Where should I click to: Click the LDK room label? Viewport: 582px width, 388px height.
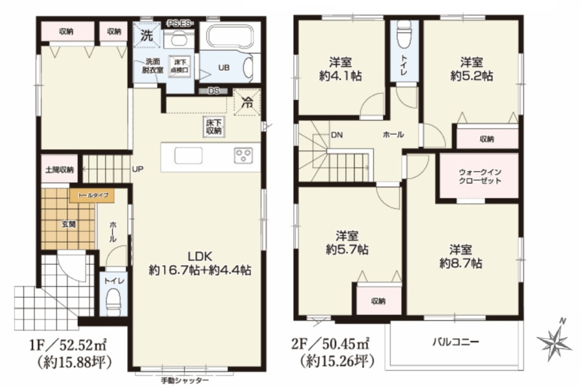(x=200, y=257)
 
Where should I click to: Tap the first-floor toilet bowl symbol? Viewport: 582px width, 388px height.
(x=114, y=299)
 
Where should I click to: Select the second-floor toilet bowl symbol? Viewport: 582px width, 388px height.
(x=405, y=34)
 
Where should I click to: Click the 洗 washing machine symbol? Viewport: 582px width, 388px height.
(x=147, y=36)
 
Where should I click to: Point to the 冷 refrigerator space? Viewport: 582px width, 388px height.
(x=247, y=102)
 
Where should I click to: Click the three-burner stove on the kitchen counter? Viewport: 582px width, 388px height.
(x=243, y=156)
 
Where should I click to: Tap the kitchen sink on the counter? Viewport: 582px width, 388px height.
(x=188, y=156)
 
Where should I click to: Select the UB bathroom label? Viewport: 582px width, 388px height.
(x=224, y=68)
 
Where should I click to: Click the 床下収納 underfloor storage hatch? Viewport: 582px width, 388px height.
(x=214, y=127)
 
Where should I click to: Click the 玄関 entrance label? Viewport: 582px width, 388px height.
(x=69, y=224)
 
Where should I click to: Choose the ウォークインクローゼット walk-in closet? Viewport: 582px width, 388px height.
(x=479, y=176)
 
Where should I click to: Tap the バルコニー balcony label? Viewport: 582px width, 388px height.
(x=456, y=342)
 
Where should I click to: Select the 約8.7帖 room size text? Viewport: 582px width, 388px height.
(x=461, y=263)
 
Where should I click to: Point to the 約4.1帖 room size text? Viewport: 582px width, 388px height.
(x=341, y=76)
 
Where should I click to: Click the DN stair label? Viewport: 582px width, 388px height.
(x=337, y=135)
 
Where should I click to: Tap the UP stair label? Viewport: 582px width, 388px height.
(x=137, y=169)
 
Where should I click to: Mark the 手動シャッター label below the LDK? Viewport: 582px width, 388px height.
(x=185, y=381)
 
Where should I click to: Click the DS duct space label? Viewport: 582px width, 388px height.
(x=214, y=91)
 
